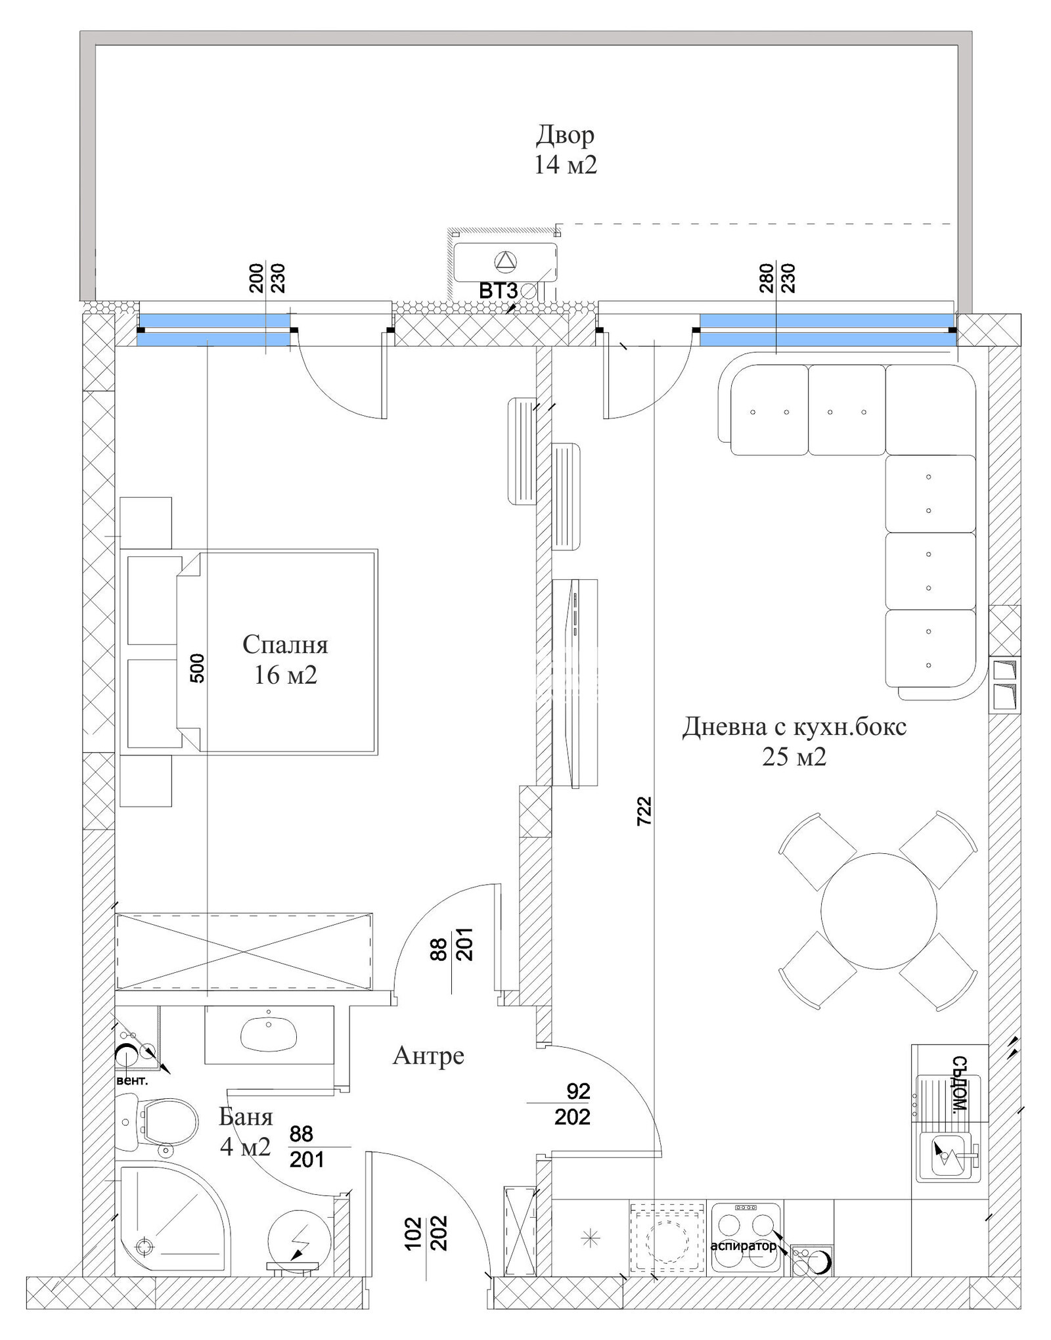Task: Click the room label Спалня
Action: (x=285, y=644)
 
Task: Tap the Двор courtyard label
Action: (x=565, y=135)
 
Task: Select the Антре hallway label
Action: (x=428, y=1056)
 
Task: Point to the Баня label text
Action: (x=245, y=1116)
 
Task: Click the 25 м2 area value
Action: (x=794, y=757)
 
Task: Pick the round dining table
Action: (x=878, y=910)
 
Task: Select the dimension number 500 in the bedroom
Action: (x=197, y=669)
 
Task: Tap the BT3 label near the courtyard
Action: (x=498, y=290)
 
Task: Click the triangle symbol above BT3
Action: (x=506, y=261)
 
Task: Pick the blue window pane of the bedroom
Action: (x=214, y=330)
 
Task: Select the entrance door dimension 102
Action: (x=413, y=1234)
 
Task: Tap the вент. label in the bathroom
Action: (x=132, y=1081)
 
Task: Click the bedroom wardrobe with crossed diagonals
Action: (x=244, y=951)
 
